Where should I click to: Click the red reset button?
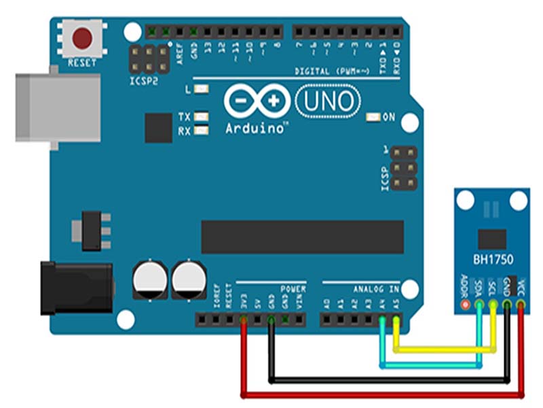(x=83, y=38)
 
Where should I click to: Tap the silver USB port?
(x=58, y=106)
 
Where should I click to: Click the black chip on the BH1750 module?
(x=492, y=238)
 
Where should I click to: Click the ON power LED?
(x=373, y=117)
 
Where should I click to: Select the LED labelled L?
(x=201, y=89)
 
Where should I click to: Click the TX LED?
(x=201, y=117)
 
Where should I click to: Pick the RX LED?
(x=201, y=131)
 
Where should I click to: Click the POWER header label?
(x=293, y=289)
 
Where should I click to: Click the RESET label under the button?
(x=82, y=63)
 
